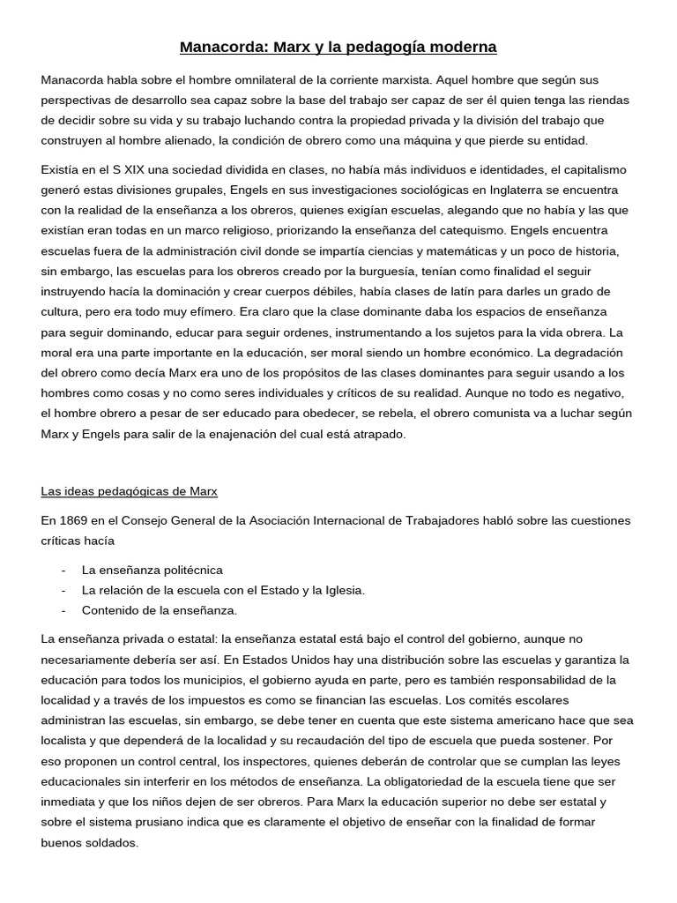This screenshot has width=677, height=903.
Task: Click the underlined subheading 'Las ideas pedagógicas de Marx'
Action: pos(129,490)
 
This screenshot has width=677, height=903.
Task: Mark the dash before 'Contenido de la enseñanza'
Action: pos(64,610)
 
